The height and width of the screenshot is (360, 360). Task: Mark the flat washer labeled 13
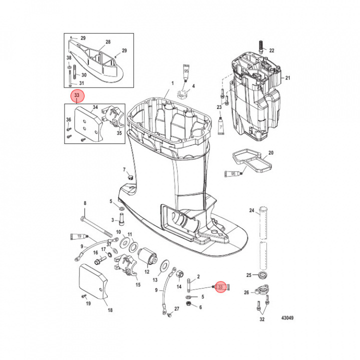[163, 264]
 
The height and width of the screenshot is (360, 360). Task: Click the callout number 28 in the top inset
[107, 42]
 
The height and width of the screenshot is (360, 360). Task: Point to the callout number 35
[119, 133]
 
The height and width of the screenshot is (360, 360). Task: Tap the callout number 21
[288, 78]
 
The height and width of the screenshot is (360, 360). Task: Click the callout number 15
[138, 284]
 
